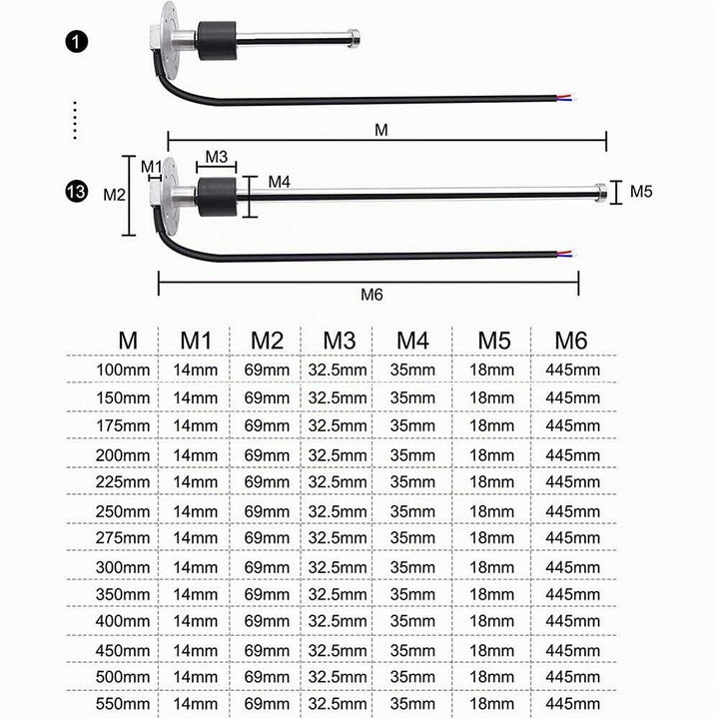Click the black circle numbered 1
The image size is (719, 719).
pos(76,42)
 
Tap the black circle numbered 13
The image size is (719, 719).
pos(76,191)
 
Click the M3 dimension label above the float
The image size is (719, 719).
pos(217,157)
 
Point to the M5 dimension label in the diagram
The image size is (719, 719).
pos(640,191)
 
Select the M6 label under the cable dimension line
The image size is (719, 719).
pos(371,295)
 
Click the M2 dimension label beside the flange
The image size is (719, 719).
pos(114,195)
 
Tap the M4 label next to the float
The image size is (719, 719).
pos(280,182)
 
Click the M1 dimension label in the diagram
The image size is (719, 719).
pos(152,167)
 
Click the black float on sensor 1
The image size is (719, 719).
pos(217,41)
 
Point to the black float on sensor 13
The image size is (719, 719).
pos(217,197)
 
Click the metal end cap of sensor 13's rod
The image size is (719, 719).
pos(600,191)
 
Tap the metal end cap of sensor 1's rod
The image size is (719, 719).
pos(354,38)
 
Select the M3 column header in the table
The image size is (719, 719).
pos(339,341)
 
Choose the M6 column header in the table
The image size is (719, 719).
pos(571,341)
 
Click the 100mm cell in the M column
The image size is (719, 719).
pos(123,369)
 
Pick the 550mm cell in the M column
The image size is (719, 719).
pos(123,703)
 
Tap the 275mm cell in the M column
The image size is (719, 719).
pos(123,537)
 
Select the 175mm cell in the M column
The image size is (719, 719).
pos(123,425)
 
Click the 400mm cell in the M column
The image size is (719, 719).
pos(123,621)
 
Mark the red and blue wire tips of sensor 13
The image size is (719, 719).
pos(566,254)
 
